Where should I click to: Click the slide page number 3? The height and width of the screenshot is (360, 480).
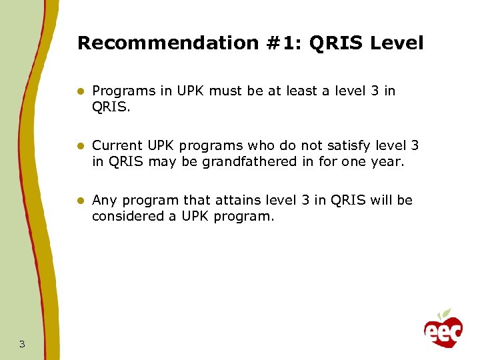point(22,344)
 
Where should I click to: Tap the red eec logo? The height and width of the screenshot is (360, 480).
point(443,331)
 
